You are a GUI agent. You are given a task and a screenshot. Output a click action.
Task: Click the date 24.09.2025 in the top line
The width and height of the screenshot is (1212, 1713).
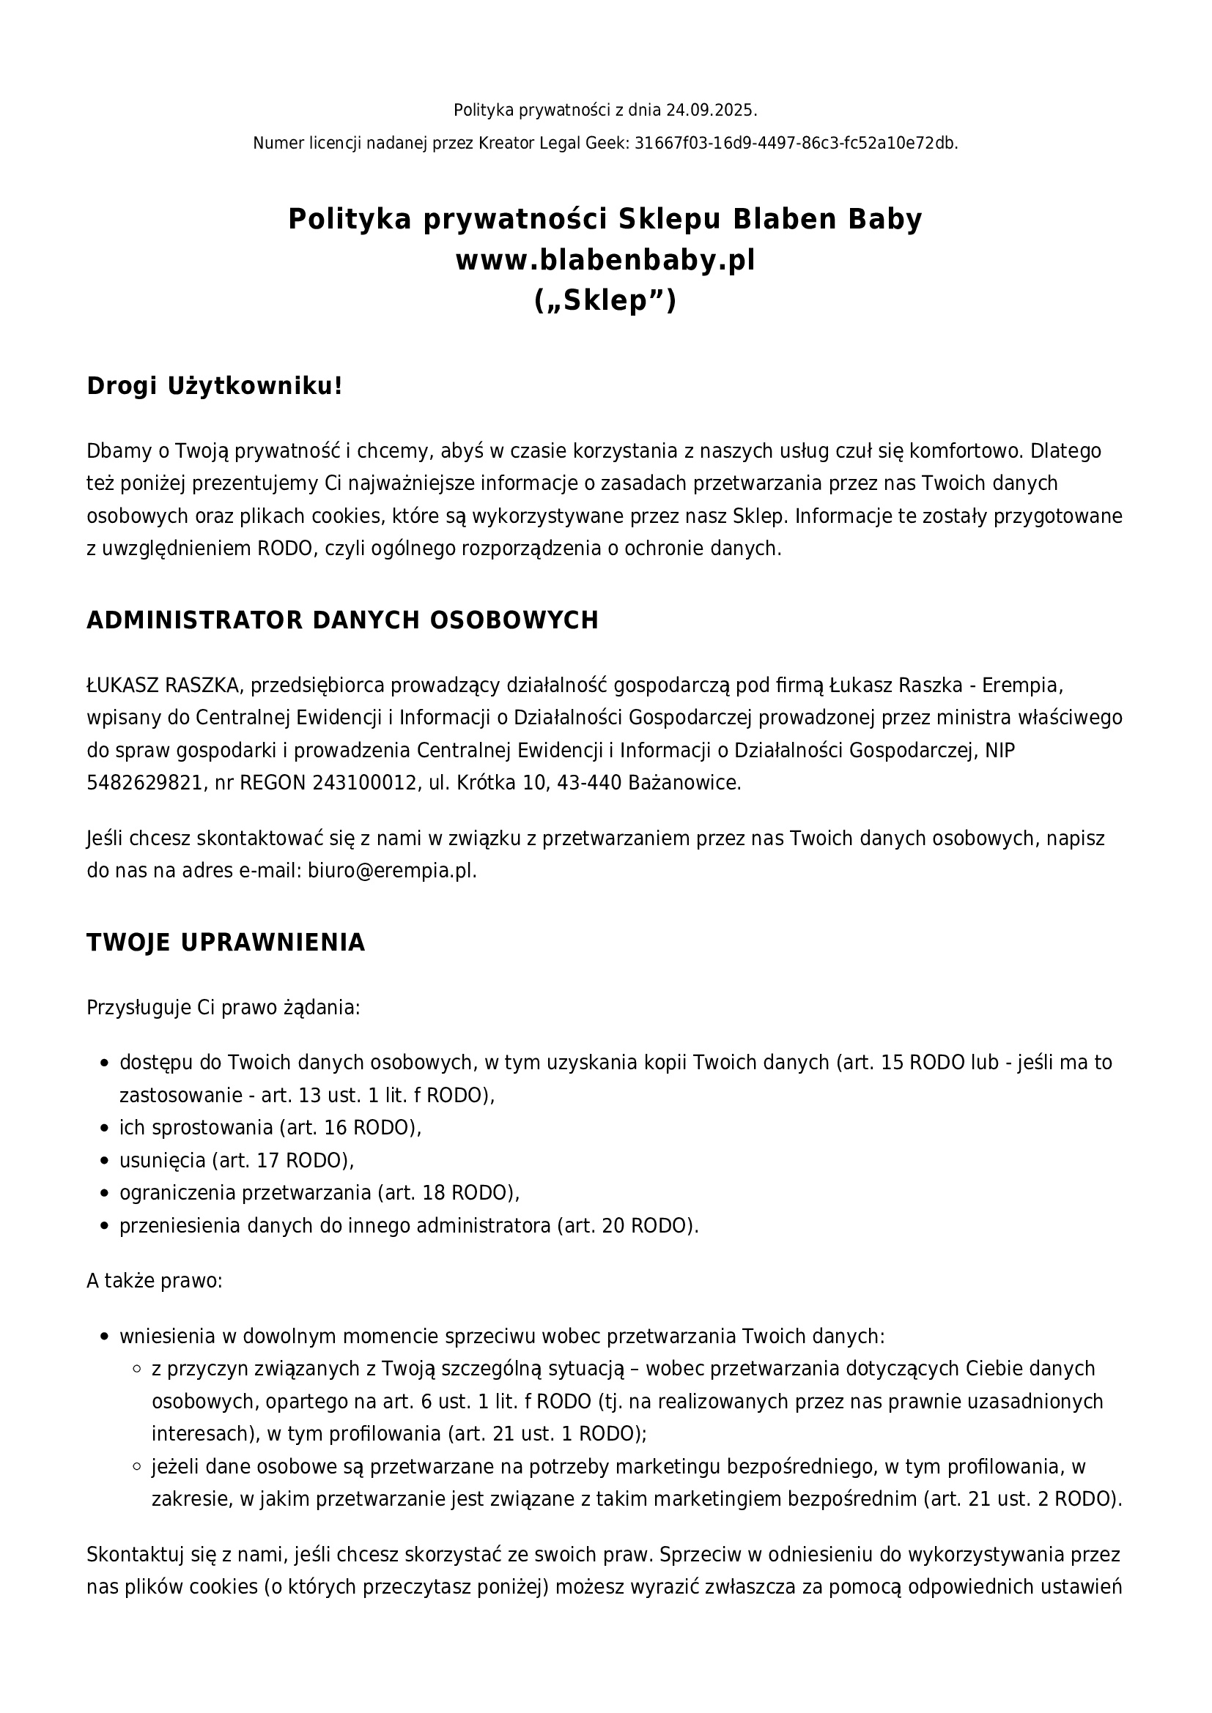click(710, 111)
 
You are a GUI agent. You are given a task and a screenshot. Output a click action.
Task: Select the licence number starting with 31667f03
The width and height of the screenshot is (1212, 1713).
click(795, 144)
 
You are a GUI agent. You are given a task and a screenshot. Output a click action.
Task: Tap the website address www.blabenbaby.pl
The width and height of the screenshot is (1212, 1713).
click(605, 260)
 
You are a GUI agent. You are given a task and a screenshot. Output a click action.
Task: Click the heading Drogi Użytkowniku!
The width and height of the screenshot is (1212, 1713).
click(215, 387)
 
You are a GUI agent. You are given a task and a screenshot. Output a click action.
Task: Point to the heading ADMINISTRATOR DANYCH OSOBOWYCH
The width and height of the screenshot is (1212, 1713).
click(342, 620)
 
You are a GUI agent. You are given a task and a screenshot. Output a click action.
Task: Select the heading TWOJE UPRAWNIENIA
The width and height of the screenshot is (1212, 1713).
click(226, 943)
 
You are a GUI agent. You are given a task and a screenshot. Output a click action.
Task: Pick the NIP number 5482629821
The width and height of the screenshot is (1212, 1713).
click(144, 783)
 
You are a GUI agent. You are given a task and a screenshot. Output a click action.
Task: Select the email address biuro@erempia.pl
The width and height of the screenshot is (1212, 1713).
click(391, 871)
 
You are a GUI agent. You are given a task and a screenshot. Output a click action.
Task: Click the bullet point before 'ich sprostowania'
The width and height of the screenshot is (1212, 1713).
click(105, 1128)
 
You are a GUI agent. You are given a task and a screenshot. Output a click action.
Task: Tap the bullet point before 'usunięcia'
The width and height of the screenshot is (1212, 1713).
click(105, 1161)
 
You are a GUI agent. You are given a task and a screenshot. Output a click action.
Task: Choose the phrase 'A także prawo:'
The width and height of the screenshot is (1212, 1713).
click(155, 1281)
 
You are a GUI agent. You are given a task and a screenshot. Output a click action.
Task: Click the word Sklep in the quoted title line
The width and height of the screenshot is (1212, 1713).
click(605, 301)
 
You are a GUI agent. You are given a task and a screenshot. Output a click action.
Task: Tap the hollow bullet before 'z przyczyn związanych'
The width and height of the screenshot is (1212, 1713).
click(136, 1369)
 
